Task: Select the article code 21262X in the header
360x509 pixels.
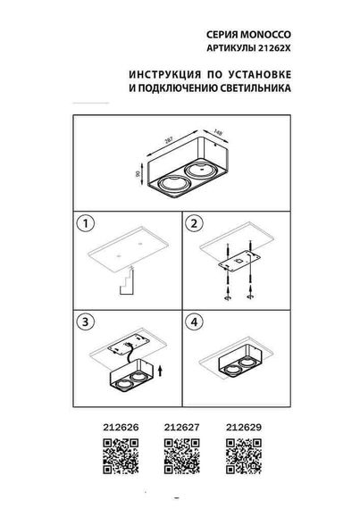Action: [x=272, y=42]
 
